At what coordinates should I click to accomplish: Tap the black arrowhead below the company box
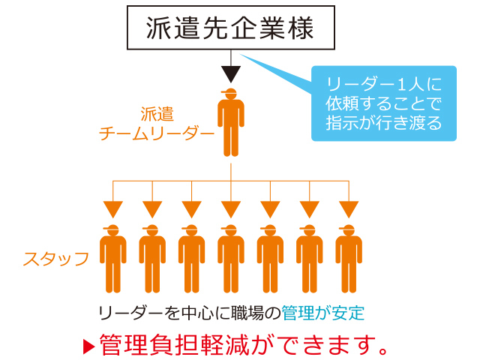(231, 74)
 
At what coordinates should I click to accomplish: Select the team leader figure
(231, 122)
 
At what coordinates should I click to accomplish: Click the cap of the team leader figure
(229, 91)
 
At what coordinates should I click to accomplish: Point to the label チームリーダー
(157, 133)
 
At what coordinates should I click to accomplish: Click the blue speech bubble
(384, 103)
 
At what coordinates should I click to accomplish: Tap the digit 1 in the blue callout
(401, 84)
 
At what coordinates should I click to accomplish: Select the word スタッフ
(56, 259)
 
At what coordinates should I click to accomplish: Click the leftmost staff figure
(113, 259)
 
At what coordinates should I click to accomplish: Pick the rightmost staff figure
(349, 259)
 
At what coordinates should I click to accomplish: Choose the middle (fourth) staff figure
(231, 259)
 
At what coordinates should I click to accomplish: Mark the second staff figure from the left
(152, 259)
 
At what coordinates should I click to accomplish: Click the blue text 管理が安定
(323, 313)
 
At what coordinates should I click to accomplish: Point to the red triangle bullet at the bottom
(89, 346)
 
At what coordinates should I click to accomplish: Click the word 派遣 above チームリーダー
(157, 114)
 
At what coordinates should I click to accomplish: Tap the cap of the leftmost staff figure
(111, 228)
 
